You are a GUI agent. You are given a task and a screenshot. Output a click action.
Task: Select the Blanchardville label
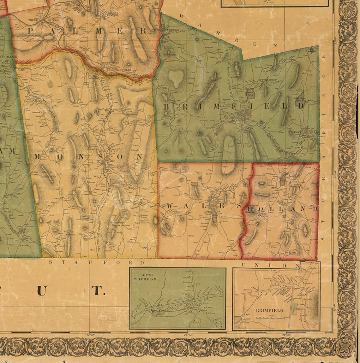click(x=110, y=69)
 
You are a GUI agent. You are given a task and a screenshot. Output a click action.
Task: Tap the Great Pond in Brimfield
click(x=249, y=93)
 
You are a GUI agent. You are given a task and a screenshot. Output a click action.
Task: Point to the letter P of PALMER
click(x=31, y=31)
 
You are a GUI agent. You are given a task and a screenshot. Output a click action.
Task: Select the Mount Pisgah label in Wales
click(x=193, y=185)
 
